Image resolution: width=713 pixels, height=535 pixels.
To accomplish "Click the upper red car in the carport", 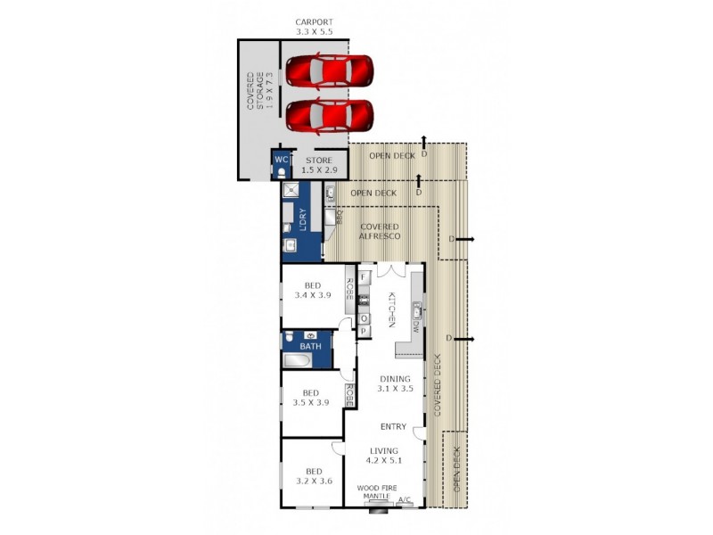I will [x=329, y=70].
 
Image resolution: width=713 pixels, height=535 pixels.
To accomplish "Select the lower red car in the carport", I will [x=329, y=115].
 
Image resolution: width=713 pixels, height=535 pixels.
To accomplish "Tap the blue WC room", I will [x=281, y=160].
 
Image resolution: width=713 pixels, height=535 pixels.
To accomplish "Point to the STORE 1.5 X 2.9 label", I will [x=318, y=165].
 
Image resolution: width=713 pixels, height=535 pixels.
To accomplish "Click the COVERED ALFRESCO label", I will [x=378, y=230].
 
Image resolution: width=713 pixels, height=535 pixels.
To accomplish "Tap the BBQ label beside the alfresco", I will [x=340, y=217].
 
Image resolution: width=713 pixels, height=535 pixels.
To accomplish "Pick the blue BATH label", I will [x=310, y=346].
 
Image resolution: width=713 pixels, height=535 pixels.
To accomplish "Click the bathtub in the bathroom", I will [x=297, y=361].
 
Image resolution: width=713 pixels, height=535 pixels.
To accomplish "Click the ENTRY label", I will [x=393, y=427].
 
